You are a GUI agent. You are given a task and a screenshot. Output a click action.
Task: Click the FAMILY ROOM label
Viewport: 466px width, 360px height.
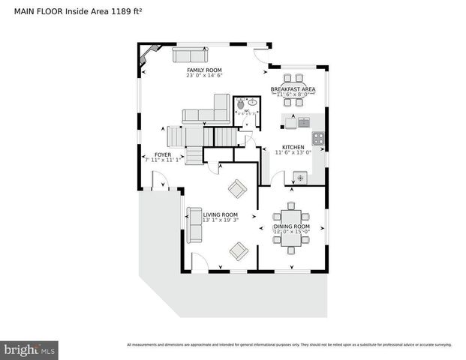pyautogui.click(x=205, y=70)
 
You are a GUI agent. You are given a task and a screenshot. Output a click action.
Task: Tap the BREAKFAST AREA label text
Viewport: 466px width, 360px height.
pyautogui.click(x=293, y=89)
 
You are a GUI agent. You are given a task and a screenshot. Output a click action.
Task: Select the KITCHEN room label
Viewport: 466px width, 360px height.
pyautogui.click(x=292, y=147)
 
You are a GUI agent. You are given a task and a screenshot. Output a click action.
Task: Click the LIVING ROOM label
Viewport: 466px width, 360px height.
pyautogui.click(x=220, y=214)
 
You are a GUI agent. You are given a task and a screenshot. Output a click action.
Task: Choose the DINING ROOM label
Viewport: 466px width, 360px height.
pyautogui.click(x=291, y=226)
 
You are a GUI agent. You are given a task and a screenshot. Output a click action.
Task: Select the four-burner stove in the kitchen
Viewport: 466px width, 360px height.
pyautogui.click(x=318, y=138)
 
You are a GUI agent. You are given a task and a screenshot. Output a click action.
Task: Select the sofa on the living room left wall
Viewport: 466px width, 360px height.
pyautogui.click(x=194, y=224)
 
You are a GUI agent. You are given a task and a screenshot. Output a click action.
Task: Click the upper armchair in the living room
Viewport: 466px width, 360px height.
pyautogui.click(x=237, y=189)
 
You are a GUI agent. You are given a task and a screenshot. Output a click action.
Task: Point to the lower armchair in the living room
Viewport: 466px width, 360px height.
pyautogui.click(x=239, y=251)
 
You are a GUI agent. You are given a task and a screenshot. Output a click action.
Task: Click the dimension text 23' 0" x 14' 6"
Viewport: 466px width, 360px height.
pyautogui.click(x=205, y=75)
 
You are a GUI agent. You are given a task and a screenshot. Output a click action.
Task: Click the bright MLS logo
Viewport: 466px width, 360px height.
pyautogui.click(x=30, y=349)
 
